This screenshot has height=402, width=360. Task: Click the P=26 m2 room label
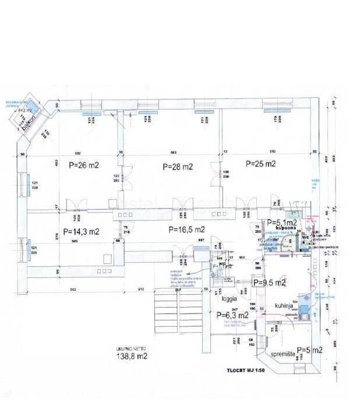click(x=84, y=165)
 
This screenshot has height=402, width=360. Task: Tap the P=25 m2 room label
click(x=260, y=164)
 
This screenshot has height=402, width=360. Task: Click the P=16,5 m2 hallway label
click(x=187, y=229)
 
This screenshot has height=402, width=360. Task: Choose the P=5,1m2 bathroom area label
click(x=282, y=223)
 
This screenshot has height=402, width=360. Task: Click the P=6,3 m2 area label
click(x=233, y=316)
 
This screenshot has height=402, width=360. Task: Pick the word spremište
click(x=281, y=353)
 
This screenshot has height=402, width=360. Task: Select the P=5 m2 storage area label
click(x=310, y=350)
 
